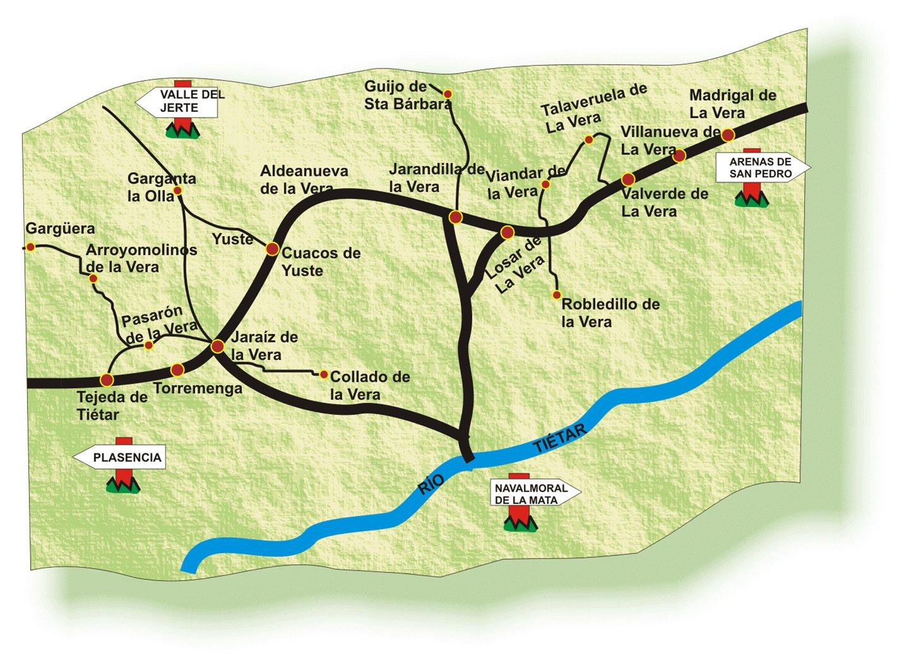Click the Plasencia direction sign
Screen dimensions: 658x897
click(x=120, y=458)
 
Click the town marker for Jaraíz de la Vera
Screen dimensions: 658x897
click(x=217, y=346)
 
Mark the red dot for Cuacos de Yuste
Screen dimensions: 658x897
click(x=272, y=249)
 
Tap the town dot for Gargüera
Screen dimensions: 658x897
click(x=30, y=247)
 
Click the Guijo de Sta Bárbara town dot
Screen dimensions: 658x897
click(x=448, y=94)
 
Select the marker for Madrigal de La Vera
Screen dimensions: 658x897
click(x=728, y=135)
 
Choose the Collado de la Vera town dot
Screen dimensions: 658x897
click(x=324, y=375)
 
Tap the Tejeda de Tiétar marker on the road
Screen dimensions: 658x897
click(x=107, y=380)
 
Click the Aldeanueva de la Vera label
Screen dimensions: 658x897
click(x=305, y=180)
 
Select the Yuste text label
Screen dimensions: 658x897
click(x=232, y=239)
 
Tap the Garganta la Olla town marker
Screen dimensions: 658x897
click(x=178, y=190)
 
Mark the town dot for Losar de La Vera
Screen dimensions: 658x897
click(x=507, y=232)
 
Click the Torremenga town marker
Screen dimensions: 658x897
click(x=178, y=369)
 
